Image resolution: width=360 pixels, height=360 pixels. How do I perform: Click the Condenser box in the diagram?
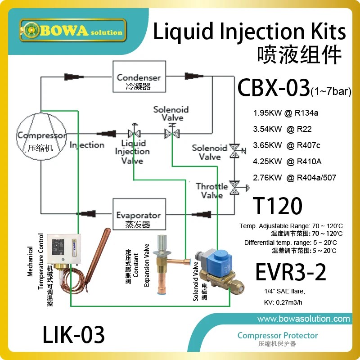pos(139,76)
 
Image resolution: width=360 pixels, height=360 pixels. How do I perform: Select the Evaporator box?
pos(139,214)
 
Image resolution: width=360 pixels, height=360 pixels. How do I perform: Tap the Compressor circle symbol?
pos(41,136)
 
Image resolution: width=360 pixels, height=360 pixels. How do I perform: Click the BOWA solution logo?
pos(73,30)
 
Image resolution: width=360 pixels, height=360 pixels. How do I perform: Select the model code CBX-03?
pos(274,87)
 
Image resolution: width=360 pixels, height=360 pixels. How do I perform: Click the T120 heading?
pos(277,206)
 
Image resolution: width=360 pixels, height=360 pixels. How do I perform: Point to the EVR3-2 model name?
pos(291,272)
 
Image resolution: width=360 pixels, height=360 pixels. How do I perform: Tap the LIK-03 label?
pos(73,334)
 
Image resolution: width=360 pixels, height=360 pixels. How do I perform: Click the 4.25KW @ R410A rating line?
pos(287,162)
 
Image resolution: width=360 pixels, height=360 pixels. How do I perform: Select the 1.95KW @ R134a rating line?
pos(286,113)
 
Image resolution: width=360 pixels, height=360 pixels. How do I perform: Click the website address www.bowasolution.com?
pos(303,319)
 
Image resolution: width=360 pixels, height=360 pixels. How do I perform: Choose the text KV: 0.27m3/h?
pos(283,302)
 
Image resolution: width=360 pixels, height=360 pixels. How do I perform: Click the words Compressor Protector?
pos(278,335)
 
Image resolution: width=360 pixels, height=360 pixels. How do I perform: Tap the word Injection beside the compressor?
pos(87,145)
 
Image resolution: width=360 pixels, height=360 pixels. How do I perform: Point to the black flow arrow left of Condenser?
pos(74,76)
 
